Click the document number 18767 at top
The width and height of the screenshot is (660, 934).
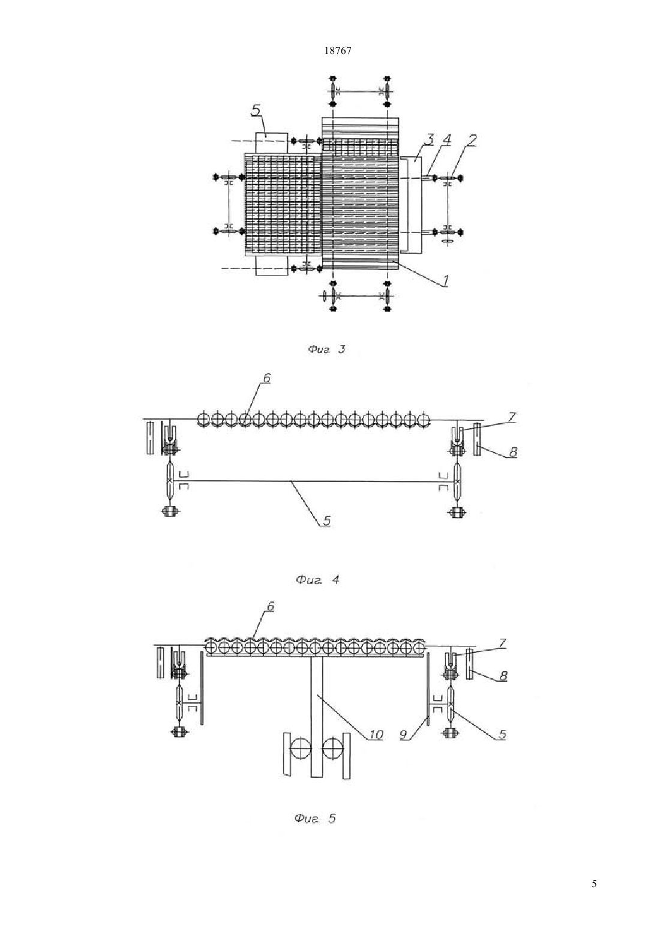pos(337,50)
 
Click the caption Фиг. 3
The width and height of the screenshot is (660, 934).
pos(326,349)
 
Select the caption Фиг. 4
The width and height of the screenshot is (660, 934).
pos(317,580)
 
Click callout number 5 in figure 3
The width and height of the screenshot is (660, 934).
pos(256,110)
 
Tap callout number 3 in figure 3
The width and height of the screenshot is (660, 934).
pos(429,139)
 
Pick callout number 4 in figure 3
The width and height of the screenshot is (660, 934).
pos(446,139)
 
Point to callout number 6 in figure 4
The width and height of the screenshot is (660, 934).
pos(266,378)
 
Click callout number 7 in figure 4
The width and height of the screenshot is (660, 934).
pos(512,417)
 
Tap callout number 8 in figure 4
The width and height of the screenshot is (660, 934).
pos(513,451)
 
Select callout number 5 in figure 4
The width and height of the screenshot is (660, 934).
pos(326,520)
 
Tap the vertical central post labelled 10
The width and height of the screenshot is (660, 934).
pos(317,717)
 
